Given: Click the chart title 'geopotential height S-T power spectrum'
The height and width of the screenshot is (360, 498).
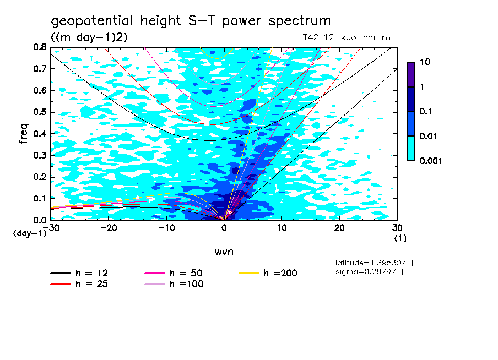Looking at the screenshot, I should coord(191,21).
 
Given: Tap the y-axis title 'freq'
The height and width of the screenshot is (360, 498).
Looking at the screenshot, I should coord(24,134).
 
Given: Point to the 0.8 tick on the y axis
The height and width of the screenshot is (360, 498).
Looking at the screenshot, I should coord(40,47).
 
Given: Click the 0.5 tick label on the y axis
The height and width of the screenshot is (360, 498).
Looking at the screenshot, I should coord(40,112).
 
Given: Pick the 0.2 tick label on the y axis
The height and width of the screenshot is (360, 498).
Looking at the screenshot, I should coord(40,177).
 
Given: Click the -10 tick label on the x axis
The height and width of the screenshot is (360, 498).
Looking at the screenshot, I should coord(166,227).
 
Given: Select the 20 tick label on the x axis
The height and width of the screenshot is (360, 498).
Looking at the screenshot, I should coord(339,227).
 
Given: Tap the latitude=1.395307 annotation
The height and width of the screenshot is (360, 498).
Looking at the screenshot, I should coord(370,263).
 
